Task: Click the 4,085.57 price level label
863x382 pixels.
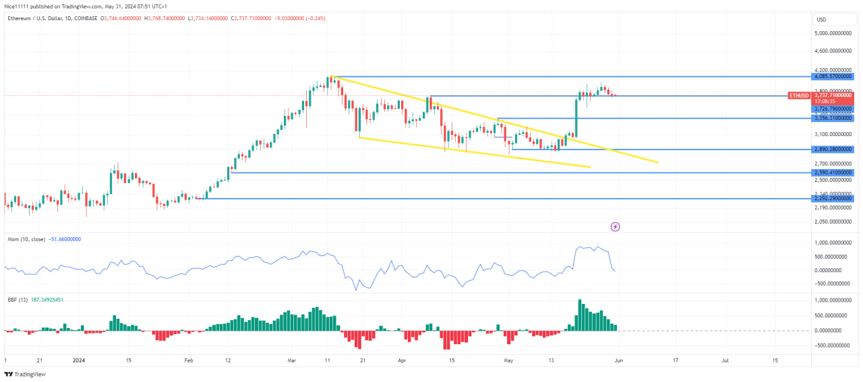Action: (x=833, y=77)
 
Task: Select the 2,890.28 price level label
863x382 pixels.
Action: (x=833, y=149)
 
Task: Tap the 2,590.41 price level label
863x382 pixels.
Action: (x=833, y=172)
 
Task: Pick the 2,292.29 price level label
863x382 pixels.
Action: (x=833, y=199)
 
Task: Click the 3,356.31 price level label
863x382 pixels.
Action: (x=833, y=118)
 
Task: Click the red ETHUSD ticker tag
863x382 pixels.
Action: (x=800, y=96)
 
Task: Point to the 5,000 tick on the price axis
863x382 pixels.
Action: (x=833, y=32)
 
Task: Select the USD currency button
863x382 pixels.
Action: (x=821, y=19)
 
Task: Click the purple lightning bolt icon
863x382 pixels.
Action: (x=615, y=226)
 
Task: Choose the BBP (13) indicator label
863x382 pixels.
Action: (x=16, y=299)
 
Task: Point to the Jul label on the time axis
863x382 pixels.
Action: (x=725, y=360)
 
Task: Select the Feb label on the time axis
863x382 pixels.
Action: (x=189, y=360)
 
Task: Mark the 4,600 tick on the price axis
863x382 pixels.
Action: (x=833, y=51)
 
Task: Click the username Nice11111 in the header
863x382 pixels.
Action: (x=18, y=5)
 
